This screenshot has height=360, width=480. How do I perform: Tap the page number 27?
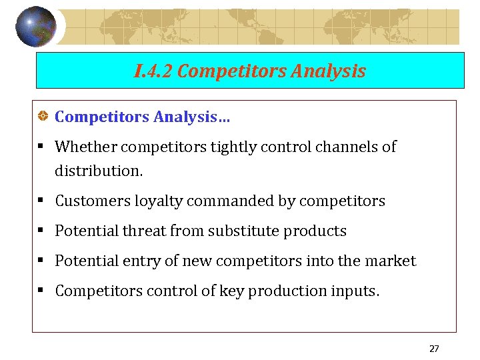click(x=434, y=349)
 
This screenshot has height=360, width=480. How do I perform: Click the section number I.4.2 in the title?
click(x=153, y=71)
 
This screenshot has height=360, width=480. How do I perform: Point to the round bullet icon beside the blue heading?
click(x=42, y=117)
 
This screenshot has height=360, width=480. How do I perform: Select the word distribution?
click(x=97, y=171)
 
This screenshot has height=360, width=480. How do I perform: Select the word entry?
click(x=141, y=261)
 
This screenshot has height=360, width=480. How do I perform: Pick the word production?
click(x=275, y=291)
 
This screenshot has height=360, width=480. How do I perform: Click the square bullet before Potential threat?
click(x=42, y=231)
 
